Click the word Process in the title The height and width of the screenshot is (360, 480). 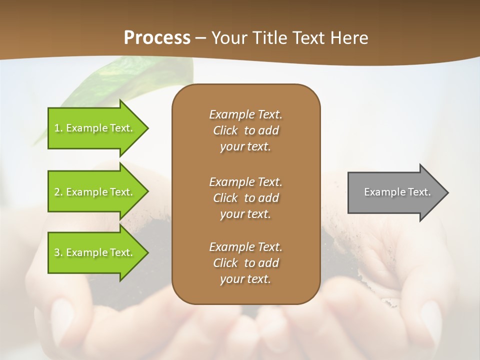pyautogui.click(x=157, y=38)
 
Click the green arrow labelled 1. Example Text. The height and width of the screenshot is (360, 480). pyautogui.click(x=95, y=128)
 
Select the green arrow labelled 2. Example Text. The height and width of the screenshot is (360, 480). pyautogui.click(x=95, y=192)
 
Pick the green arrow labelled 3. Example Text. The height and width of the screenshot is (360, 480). pyautogui.click(x=95, y=252)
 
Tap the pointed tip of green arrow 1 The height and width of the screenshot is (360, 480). pyautogui.click(x=147, y=128)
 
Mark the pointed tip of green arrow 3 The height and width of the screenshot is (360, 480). pyautogui.click(x=147, y=252)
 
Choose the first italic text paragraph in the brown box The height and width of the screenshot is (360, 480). pyautogui.click(x=245, y=130)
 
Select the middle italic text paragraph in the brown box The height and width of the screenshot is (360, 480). pyautogui.click(x=245, y=197)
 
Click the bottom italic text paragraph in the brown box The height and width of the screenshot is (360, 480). pyautogui.click(x=245, y=263)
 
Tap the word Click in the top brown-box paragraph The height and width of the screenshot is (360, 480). pyautogui.click(x=225, y=130)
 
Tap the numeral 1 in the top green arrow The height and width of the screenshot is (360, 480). pyautogui.click(x=56, y=128)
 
